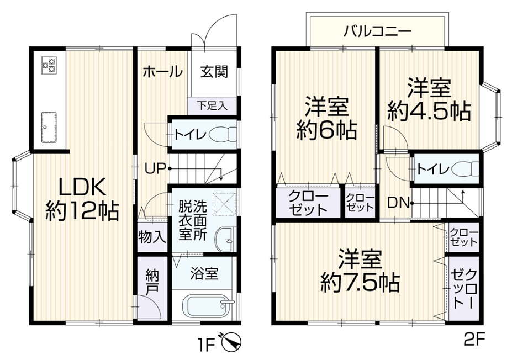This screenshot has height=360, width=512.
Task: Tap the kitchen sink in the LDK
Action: [x=49, y=128]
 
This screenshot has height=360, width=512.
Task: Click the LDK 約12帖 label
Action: [x=82, y=199]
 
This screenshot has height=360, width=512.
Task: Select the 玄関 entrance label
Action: [x=214, y=71]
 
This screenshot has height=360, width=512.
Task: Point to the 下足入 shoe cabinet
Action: [x=212, y=106]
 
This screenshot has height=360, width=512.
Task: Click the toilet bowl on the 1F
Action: [x=223, y=134]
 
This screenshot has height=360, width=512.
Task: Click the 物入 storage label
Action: [x=152, y=237]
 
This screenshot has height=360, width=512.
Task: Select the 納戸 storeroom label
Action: [x=152, y=283]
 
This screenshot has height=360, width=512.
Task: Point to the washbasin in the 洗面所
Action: [x=225, y=240]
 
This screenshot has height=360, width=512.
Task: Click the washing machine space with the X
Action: [x=224, y=204]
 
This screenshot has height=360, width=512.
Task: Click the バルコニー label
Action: [x=377, y=31]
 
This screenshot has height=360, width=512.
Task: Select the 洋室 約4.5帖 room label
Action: [x=429, y=100]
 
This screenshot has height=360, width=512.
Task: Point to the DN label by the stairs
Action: [x=398, y=203]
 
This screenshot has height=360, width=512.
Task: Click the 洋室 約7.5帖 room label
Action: [x=360, y=271]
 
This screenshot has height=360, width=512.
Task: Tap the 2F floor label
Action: [x=474, y=340]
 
